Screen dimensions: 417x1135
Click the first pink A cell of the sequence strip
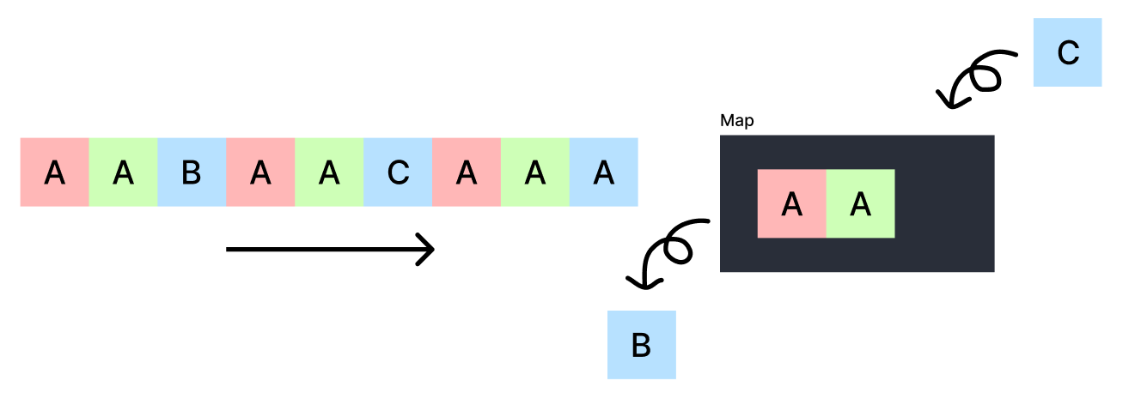click(x=54, y=172)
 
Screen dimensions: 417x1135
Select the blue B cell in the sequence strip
click(x=192, y=172)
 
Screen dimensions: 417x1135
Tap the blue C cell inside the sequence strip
click(x=398, y=172)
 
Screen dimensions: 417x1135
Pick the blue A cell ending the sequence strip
click(x=604, y=172)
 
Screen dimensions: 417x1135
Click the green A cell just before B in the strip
click(x=123, y=172)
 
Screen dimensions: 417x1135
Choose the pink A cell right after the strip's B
click(x=260, y=172)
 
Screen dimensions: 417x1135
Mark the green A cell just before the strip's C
click(x=329, y=172)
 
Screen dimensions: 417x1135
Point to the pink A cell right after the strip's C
click(x=467, y=172)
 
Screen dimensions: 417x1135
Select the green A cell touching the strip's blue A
click(x=535, y=172)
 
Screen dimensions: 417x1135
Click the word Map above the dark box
click(x=736, y=121)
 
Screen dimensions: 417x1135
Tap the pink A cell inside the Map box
click(x=791, y=203)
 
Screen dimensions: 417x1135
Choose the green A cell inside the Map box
click(x=860, y=203)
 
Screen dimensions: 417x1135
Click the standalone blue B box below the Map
click(x=641, y=345)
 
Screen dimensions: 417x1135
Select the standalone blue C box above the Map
click(x=1067, y=52)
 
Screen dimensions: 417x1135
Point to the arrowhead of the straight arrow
click(x=428, y=250)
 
